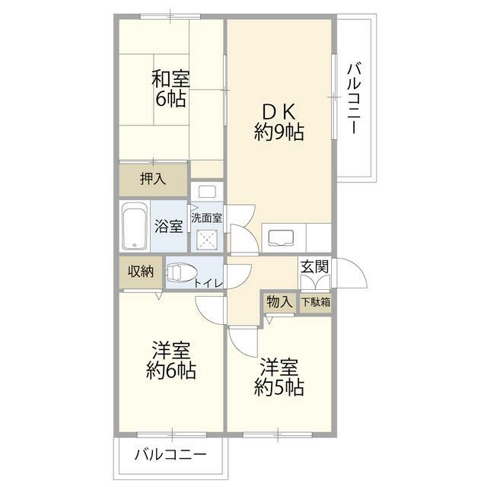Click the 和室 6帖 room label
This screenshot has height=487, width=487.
(170, 89)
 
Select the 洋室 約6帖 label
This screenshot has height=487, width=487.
(170, 360)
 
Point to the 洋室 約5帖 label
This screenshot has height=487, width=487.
(279, 377)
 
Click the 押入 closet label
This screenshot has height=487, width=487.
(153, 179)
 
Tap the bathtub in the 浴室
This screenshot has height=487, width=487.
(135, 226)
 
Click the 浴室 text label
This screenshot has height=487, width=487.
(169, 226)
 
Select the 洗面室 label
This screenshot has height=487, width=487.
(206, 218)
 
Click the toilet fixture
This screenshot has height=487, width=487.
(182, 272)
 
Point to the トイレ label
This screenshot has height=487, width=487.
(208, 283)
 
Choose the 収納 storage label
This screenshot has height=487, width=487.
(141, 272)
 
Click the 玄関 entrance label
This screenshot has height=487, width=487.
(314, 267)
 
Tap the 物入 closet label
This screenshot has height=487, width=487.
(279, 301)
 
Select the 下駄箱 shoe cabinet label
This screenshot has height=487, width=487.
(316, 302)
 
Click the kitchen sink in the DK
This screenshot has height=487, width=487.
(281, 238)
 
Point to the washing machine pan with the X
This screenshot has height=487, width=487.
(206, 240)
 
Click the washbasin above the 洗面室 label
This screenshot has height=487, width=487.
(207, 192)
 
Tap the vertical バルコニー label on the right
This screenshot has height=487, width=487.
(355, 98)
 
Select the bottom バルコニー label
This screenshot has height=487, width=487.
(170, 455)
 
